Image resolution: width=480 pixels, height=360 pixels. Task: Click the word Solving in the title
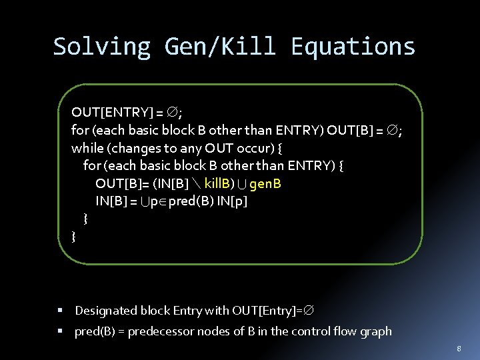pyautogui.click(x=101, y=47)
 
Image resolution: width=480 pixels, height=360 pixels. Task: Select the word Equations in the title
pyautogui.click(x=353, y=47)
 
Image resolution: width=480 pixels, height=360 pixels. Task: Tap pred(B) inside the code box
pyautogui.click(x=189, y=201)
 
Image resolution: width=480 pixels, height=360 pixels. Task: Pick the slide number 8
pyautogui.click(x=459, y=348)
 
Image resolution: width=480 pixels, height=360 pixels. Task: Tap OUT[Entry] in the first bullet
pyautogui.click(x=266, y=311)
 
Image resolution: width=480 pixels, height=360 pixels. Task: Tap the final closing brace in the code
pyautogui.click(x=74, y=236)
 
